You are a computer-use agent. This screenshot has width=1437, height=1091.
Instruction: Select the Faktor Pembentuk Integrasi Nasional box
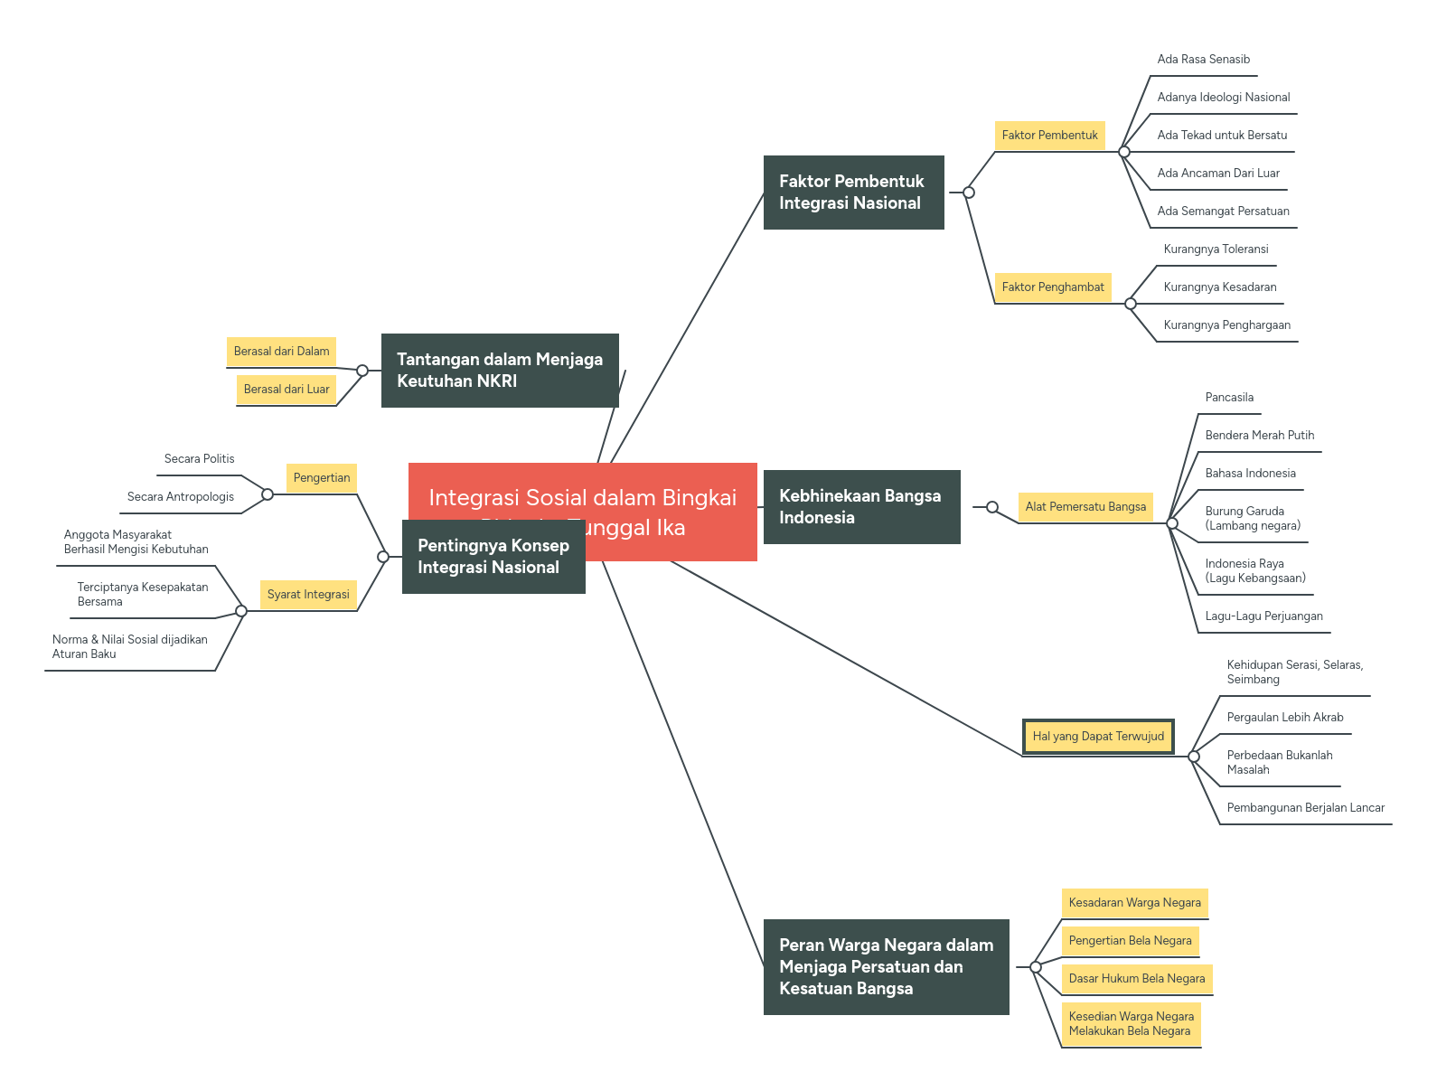click(853, 193)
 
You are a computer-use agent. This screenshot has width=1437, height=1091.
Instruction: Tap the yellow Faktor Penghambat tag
click(1052, 287)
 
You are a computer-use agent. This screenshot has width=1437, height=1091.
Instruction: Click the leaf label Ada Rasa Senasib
click(1203, 60)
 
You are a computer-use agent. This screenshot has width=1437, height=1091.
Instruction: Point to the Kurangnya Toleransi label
click(1216, 249)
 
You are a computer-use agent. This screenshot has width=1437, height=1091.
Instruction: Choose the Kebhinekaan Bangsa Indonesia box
click(861, 507)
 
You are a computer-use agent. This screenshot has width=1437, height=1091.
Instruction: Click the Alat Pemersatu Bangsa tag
click(1085, 507)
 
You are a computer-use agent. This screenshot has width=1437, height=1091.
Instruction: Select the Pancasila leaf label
click(1229, 398)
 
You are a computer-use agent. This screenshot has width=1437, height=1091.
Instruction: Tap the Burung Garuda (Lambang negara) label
click(1253, 518)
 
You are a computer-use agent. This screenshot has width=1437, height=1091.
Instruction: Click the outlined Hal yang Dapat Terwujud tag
click(1098, 737)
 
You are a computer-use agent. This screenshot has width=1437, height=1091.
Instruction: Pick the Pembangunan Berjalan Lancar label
click(1305, 808)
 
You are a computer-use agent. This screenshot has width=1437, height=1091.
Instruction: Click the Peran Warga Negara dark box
click(886, 967)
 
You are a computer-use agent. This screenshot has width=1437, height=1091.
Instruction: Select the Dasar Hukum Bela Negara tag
click(1136, 979)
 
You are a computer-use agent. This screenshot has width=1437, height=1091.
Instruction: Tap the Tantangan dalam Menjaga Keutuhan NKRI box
click(500, 371)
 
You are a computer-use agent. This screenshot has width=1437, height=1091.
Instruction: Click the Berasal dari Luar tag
click(286, 390)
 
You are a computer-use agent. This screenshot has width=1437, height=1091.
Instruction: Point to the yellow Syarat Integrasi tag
click(308, 595)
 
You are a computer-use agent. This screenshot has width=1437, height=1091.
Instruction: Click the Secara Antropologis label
click(181, 497)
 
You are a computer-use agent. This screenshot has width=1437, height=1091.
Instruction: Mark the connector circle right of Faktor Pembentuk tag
click(1124, 152)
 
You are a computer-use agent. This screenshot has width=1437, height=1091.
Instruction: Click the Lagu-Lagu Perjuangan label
click(1263, 616)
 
